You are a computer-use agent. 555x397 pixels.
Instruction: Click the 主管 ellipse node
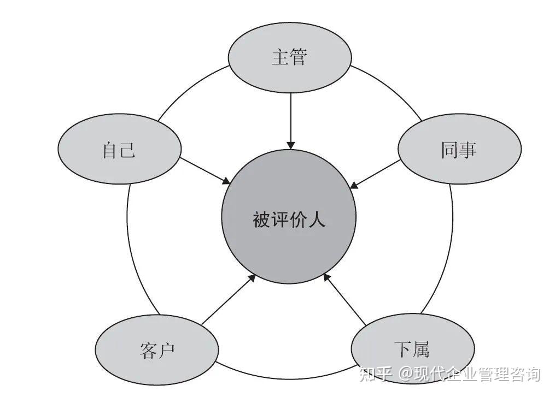pyautogui.click(x=290, y=58)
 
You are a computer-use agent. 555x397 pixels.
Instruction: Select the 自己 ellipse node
pyautogui.click(x=119, y=149)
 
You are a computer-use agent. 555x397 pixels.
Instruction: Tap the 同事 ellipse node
pyautogui.click(x=459, y=149)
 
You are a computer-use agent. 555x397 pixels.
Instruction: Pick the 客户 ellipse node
pyautogui.click(x=157, y=349)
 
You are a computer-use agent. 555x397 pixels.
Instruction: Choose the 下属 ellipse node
pyautogui.click(x=412, y=349)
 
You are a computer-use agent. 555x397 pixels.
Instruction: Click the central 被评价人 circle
pyautogui.click(x=289, y=217)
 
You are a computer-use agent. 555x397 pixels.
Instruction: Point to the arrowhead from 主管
pyautogui.click(x=290, y=145)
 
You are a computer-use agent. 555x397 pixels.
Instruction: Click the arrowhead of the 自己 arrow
pyautogui.click(x=226, y=181)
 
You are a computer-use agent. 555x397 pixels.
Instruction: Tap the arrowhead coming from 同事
pyautogui.click(x=354, y=185)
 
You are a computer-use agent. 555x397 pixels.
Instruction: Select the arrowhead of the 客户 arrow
pyautogui.click(x=252, y=278)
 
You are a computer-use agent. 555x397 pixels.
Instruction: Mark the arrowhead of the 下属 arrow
pyautogui.click(x=328, y=277)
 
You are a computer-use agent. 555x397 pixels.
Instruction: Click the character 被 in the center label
pyautogui.click(x=261, y=219)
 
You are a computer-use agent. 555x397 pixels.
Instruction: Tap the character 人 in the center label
pyautogui.click(x=317, y=219)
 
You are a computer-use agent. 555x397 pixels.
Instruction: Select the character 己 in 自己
pyautogui.click(x=127, y=150)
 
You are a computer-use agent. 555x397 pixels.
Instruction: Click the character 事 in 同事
pyautogui.click(x=468, y=150)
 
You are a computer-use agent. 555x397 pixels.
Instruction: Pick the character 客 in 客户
pyautogui.click(x=148, y=350)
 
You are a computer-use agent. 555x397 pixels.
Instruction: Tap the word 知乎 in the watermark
pyautogui.click(x=376, y=375)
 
